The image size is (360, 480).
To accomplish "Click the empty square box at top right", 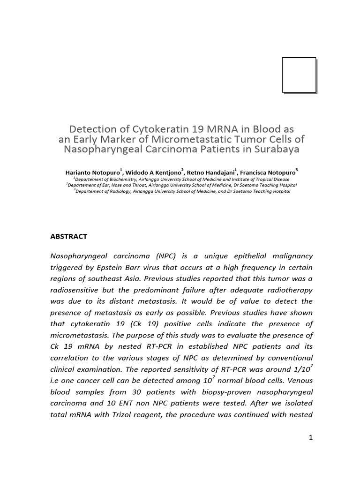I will tap(299, 75).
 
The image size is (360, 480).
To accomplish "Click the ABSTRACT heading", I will tap(68, 237).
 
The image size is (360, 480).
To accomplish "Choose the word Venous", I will tap(299, 380).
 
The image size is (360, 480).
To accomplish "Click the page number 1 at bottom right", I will tap(310, 438).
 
